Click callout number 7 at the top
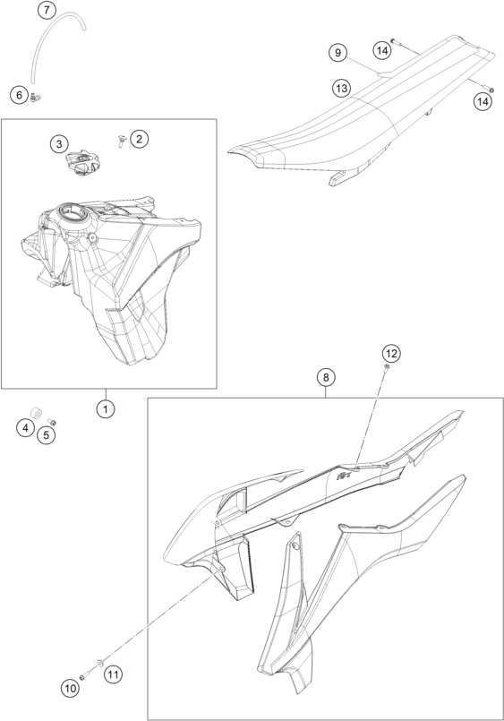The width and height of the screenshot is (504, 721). [47, 10]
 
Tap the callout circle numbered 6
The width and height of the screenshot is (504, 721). [20, 95]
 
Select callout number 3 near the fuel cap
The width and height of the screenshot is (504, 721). [59, 144]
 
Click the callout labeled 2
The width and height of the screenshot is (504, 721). [140, 138]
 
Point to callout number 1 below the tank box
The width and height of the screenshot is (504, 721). [106, 408]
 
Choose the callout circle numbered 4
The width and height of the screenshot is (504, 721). [25, 428]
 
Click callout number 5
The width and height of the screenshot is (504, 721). [47, 434]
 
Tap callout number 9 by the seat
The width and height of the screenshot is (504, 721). [338, 53]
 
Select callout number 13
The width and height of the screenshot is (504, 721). [342, 88]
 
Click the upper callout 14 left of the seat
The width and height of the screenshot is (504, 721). [382, 50]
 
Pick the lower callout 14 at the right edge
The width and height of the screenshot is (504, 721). [483, 101]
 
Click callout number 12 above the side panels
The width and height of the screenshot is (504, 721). [391, 354]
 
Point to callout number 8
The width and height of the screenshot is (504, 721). [326, 377]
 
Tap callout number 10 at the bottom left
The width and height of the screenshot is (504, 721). [70, 689]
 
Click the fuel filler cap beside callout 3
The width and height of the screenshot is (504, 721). [82, 163]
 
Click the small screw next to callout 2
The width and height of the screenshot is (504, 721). [122, 141]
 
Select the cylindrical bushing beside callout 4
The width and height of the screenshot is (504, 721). [36, 411]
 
